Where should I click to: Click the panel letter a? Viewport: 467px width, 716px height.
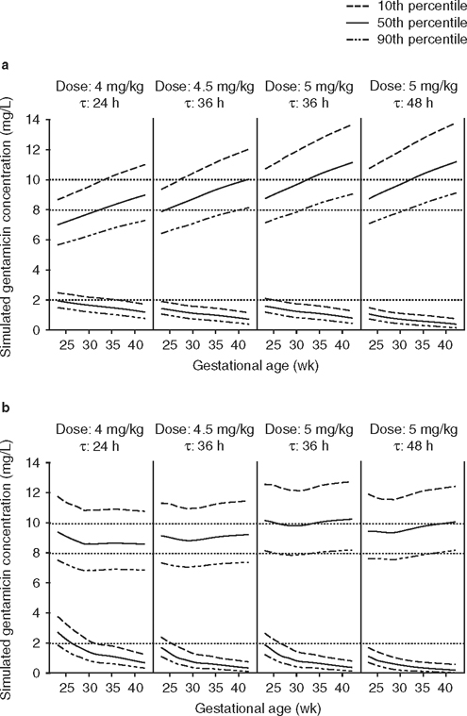coord(7,65)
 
